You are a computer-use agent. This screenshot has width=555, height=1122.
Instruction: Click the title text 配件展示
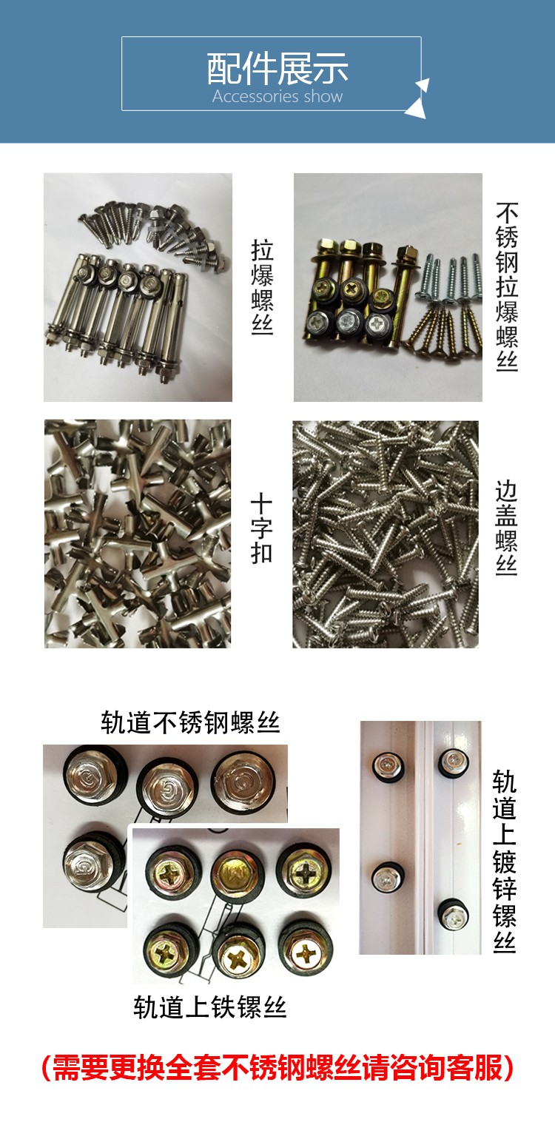point(277,68)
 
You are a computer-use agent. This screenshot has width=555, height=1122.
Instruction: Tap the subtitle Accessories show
point(277,96)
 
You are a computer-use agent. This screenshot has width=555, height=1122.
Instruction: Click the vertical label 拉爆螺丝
point(262,287)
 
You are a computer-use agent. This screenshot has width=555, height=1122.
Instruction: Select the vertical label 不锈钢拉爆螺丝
point(506,286)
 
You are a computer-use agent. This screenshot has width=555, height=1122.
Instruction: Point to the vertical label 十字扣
point(261,529)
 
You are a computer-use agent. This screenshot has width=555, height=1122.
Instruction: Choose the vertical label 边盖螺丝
point(506,528)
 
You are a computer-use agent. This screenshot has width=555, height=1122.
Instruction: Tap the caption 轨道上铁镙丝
point(210,1007)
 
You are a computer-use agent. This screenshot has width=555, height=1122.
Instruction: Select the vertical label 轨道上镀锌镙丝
point(504,861)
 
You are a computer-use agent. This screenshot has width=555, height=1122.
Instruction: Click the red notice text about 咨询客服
point(277,1067)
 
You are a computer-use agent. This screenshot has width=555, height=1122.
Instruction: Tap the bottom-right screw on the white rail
point(454,916)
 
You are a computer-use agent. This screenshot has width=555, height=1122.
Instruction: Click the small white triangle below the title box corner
point(416,109)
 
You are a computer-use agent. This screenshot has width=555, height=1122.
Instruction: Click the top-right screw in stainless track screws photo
point(244,782)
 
